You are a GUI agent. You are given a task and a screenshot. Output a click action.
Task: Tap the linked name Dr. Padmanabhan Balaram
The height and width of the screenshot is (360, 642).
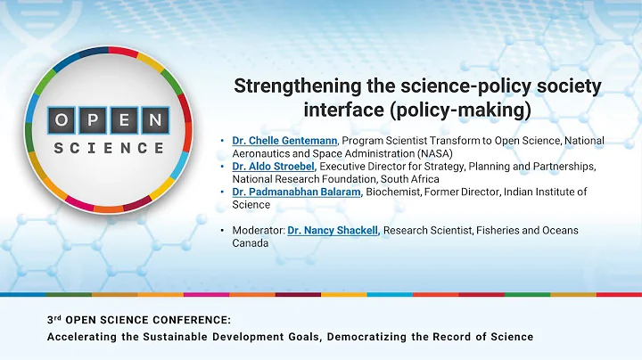click(x=292, y=192)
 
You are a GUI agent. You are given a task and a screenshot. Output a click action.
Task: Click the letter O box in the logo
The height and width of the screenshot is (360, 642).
click(x=63, y=119)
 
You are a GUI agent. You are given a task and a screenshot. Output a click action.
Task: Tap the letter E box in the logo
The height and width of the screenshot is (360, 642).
click(x=125, y=119)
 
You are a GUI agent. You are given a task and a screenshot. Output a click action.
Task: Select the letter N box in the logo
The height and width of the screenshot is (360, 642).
click(x=155, y=119)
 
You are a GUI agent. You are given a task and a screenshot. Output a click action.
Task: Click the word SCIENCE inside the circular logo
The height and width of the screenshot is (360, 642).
click(x=109, y=147)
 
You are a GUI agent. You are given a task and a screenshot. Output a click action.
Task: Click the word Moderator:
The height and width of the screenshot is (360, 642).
click(x=258, y=230)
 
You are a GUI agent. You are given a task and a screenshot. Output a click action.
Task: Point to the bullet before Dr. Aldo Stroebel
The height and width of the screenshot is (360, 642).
click(x=222, y=166)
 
